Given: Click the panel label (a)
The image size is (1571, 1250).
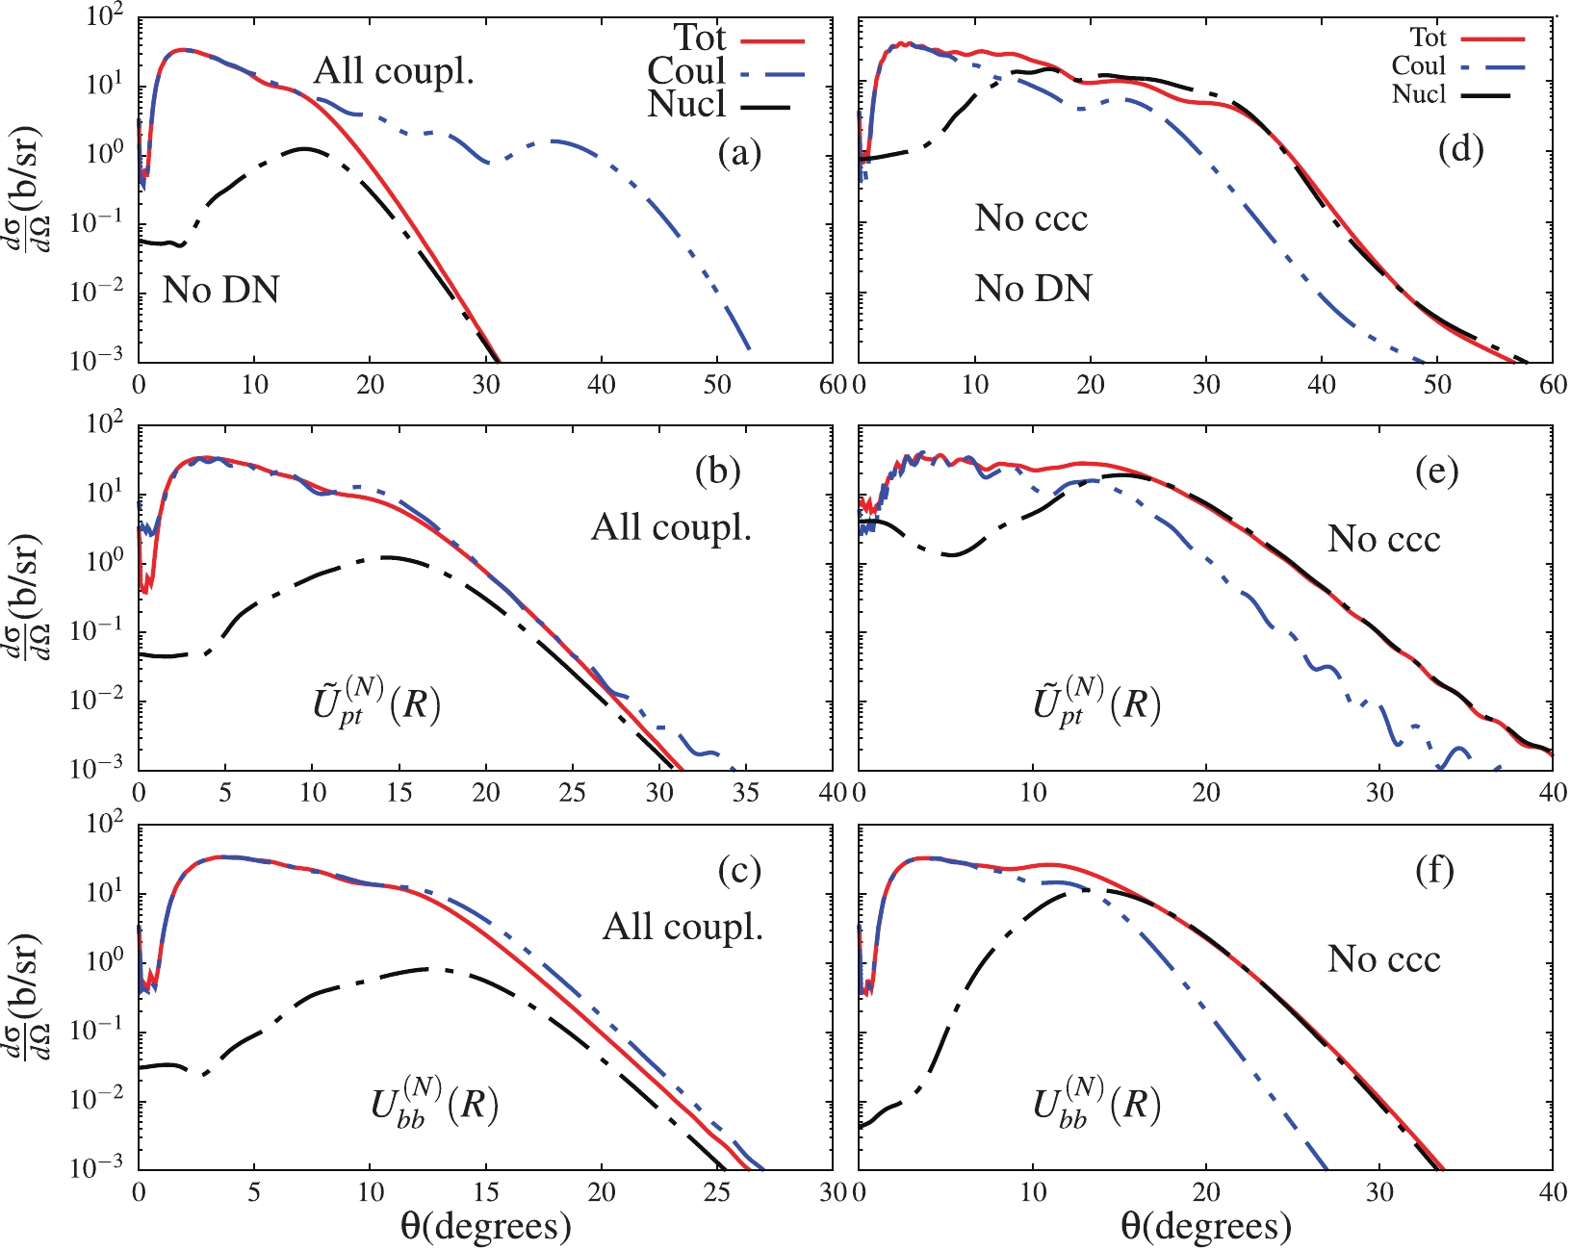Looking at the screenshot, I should (739, 152).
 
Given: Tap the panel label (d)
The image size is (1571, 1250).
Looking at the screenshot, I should (1460, 149).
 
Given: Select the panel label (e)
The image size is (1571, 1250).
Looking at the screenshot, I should (1436, 472).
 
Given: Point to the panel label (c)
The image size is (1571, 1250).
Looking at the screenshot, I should (739, 871).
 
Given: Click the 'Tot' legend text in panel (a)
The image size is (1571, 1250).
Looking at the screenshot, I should (699, 38).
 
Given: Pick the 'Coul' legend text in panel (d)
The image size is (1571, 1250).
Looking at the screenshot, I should (1418, 66).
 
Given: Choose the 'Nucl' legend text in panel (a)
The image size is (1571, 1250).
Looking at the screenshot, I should (686, 104).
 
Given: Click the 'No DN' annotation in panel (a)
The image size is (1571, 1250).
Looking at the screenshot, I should (220, 290).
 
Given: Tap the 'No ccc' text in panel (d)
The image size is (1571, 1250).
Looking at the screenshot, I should (1031, 219).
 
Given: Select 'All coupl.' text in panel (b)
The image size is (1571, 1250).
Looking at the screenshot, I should (671, 527).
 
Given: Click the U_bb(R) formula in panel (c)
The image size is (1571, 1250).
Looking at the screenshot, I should (434, 1104).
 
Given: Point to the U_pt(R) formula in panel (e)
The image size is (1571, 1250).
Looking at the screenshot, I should (1096, 703).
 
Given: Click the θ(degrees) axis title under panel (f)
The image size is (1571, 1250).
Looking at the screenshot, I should (1205, 1227).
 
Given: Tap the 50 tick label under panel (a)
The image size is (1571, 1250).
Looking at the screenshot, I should (717, 385).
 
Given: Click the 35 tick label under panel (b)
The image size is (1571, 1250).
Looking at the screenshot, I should (746, 793).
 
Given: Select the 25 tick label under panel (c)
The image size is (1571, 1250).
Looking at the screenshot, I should (717, 1192).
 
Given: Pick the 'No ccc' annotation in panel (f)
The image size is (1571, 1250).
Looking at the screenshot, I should (1383, 959).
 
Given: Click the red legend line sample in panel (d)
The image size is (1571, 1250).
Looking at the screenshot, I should (1494, 39).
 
